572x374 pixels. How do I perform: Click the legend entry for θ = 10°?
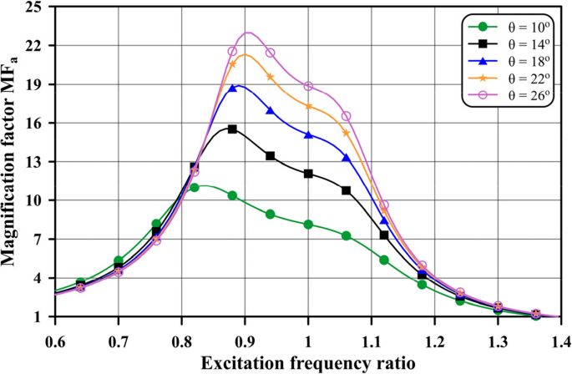[515, 26]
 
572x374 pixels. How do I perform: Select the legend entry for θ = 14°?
[515, 43]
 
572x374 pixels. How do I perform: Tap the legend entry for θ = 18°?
[515, 61]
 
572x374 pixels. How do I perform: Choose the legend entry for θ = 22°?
[515, 78]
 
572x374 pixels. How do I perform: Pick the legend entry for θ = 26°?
[515, 96]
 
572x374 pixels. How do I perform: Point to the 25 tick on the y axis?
[37, 7]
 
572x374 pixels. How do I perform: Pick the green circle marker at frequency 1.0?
[308, 225]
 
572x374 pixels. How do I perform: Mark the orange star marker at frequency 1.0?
[308, 106]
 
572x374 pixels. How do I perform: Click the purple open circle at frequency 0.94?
[270, 53]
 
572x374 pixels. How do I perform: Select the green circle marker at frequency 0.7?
[119, 261]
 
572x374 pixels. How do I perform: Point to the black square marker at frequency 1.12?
[384, 235]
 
